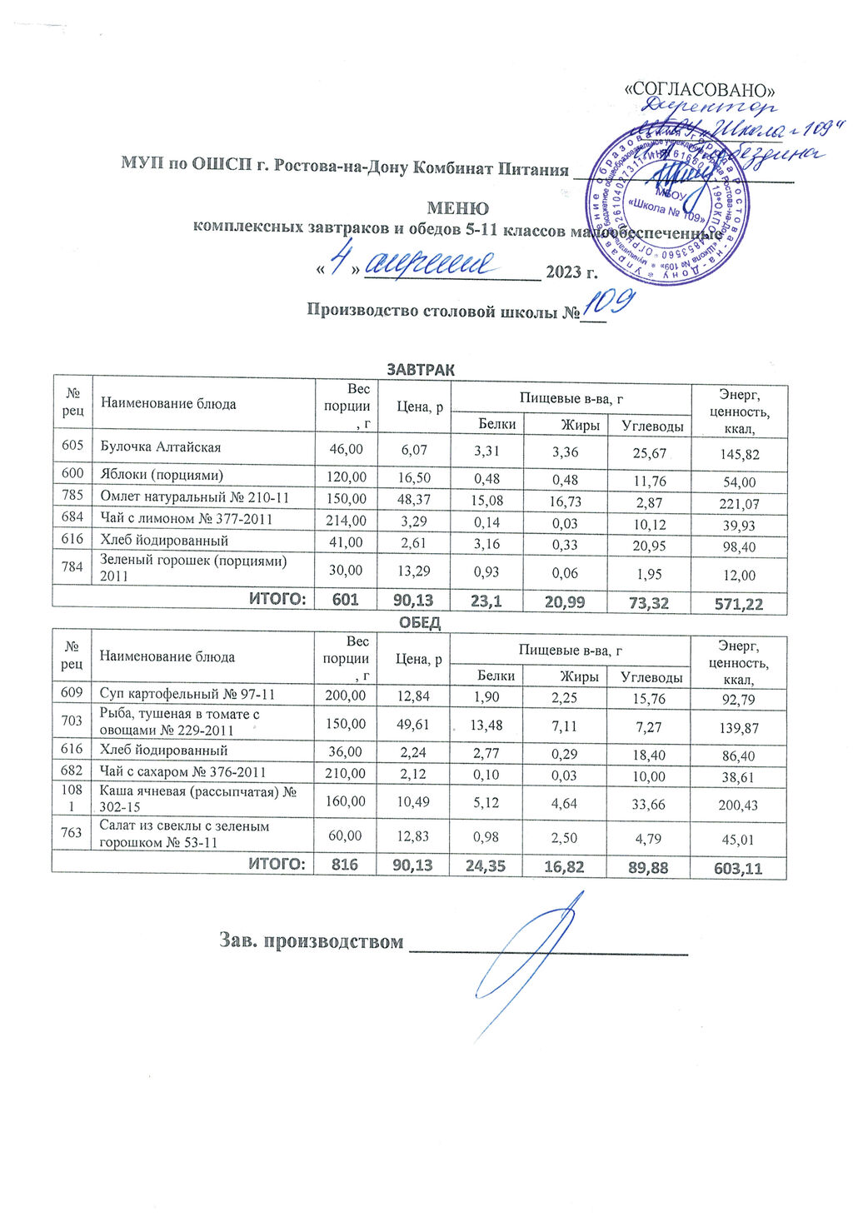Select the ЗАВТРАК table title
[421, 370]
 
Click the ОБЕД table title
[420, 622]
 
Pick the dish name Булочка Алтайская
[161, 447]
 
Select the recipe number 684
[72, 518]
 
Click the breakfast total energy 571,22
[739, 604]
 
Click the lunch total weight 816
[345, 865]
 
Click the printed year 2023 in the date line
[563, 272]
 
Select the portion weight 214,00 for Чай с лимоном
[346, 520]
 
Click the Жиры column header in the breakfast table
[580, 425]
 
